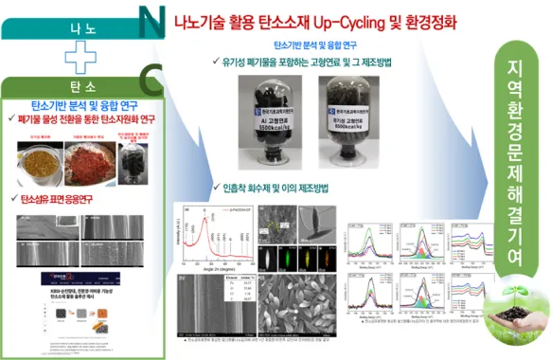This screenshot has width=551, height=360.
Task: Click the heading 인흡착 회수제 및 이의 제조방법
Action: (x=274, y=188)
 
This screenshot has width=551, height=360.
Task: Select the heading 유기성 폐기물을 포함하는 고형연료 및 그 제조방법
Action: (x=311, y=63)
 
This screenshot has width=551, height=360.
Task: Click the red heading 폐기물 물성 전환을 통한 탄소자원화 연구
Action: (x=80, y=120)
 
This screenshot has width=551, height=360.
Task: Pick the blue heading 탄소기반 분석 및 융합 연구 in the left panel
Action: (x=80, y=106)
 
